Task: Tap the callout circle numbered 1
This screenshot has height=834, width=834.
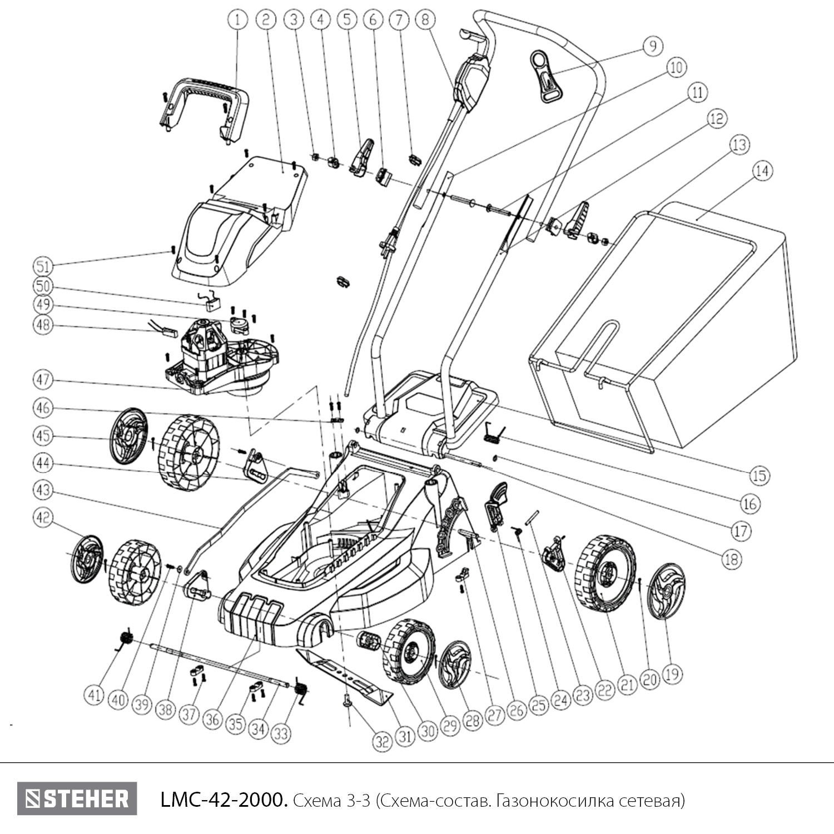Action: pyautogui.click(x=237, y=21)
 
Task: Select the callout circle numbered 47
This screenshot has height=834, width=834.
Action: pyautogui.click(x=43, y=380)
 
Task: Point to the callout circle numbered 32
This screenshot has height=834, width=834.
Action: pyautogui.click(x=382, y=742)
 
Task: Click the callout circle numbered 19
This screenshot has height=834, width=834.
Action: pyautogui.click(x=672, y=674)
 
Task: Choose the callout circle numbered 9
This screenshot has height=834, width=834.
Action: pyautogui.click(x=653, y=45)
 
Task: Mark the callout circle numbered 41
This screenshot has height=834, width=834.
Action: pyautogui.click(x=95, y=694)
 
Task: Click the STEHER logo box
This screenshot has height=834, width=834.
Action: pyautogui.click(x=77, y=799)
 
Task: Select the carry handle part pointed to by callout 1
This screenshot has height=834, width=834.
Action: pyautogui.click(x=203, y=103)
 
